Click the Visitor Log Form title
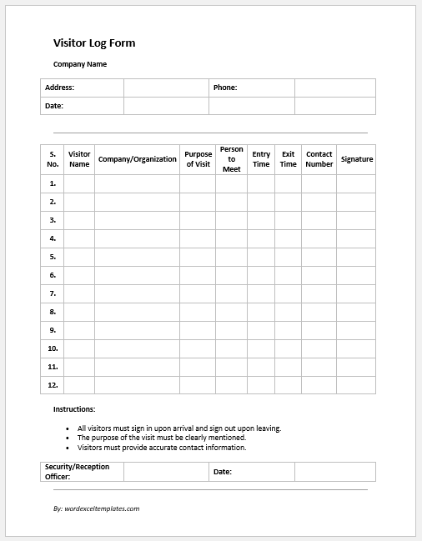[94, 43]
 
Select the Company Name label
[80, 64]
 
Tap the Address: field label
[60, 88]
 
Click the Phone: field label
[225, 88]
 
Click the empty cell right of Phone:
[334, 88]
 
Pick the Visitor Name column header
[79, 159]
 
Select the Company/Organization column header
[138, 159]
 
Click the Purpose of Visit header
[198, 159]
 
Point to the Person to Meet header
[231, 159]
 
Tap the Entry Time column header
[261, 159]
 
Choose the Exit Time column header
[288, 159]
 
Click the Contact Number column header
[319, 159]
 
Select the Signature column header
[356, 159]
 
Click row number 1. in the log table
[53, 183]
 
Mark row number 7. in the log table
[53, 293]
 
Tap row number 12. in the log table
[53, 385]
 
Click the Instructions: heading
[74, 409]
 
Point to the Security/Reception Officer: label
[77, 472]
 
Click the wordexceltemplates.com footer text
[96, 508]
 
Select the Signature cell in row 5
[356, 257]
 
